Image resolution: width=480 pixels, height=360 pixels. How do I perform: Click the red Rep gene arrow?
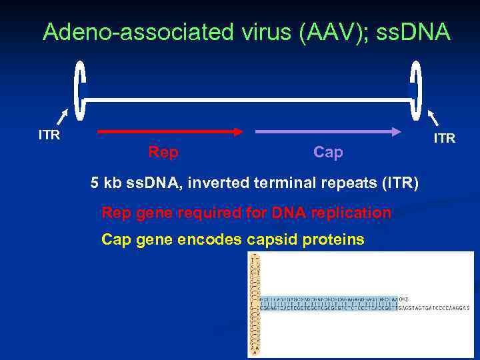click(170, 132)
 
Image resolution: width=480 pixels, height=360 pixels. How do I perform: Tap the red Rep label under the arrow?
click(163, 153)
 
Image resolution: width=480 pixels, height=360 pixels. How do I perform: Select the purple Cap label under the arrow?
click(328, 153)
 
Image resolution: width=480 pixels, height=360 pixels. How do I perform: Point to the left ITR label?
click(49, 135)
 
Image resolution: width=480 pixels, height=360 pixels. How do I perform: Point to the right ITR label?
click(444, 139)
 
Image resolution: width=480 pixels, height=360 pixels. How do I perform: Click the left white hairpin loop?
click(81, 92)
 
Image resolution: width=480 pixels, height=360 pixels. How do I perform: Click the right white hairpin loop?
click(415, 92)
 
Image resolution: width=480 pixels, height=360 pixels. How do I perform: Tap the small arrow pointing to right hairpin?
click(433, 118)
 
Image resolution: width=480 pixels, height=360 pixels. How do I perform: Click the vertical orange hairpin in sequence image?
click(254, 304)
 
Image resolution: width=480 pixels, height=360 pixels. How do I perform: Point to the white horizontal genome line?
click(247, 100)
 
